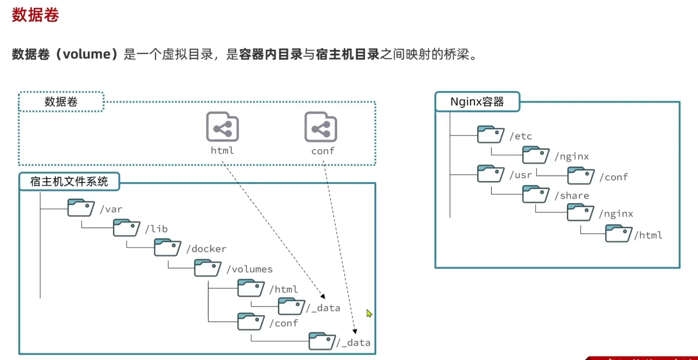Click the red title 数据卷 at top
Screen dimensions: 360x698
[x=35, y=15]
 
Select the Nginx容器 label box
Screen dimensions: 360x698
[x=477, y=102]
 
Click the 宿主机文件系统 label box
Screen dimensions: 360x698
[x=69, y=182]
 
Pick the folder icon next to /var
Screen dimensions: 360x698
[x=81, y=208]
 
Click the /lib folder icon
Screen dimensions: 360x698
[x=126, y=228]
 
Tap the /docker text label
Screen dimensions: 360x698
[x=206, y=249]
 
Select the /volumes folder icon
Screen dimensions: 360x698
[x=208, y=268]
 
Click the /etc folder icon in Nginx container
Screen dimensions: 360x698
[x=490, y=135]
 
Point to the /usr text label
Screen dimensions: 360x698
[x=520, y=175]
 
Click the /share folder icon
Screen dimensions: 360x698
[x=536, y=194]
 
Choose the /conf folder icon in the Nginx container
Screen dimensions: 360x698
[x=581, y=176]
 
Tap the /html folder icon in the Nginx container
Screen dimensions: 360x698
[x=618, y=233]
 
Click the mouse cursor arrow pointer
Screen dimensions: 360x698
[x=369, y=313]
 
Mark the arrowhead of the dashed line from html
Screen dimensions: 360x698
[x=323, y=296]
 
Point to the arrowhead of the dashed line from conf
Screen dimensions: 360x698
[x=355, y=332]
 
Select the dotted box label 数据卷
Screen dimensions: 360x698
[x=61, y=102]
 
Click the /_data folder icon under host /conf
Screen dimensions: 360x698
[x=322, y=341]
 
